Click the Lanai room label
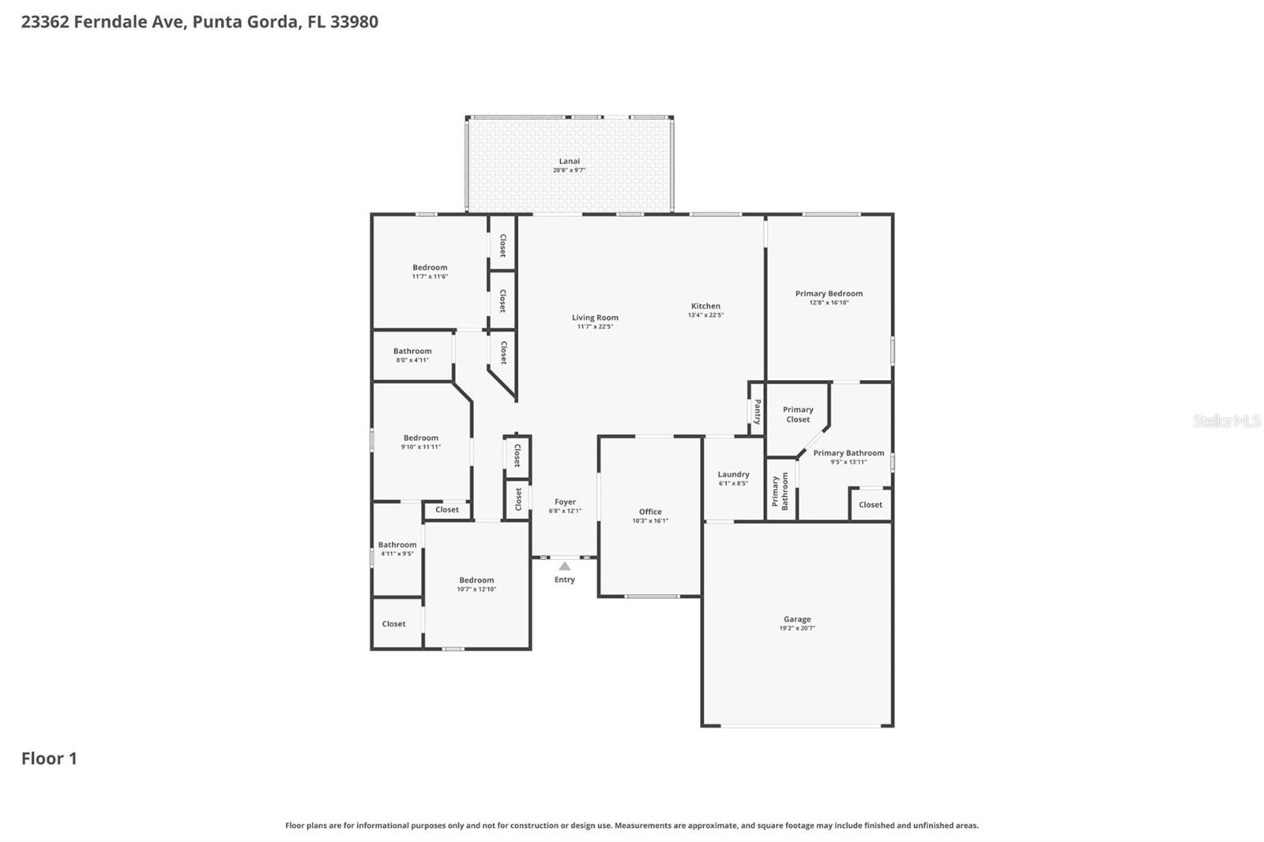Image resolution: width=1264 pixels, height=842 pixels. point(569,161)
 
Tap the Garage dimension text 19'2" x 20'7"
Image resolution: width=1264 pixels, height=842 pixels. point(797,629)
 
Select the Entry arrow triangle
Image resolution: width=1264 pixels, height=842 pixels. point(564,566)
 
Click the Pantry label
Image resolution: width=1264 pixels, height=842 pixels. point(757,411)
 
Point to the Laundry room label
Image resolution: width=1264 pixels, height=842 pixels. point(733,475)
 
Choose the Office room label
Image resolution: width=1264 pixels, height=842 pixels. point(650,512)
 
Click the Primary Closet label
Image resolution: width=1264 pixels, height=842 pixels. point(798,415)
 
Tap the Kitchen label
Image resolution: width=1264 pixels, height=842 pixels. point(705,306)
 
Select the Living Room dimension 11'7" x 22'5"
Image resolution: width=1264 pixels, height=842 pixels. point(595,327)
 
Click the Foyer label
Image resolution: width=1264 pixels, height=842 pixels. point(565,502)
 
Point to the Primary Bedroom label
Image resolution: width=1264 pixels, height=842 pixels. point(829,294)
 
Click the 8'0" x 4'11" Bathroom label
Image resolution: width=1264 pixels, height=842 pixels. point(412,351)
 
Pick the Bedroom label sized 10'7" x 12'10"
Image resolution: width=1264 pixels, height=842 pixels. point(476,581)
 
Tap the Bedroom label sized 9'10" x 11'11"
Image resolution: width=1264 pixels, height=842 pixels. point(421,438)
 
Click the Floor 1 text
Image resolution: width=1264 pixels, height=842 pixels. point(49,759)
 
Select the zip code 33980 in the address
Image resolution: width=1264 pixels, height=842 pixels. point(354,22)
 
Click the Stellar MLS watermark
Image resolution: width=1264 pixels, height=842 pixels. point(1226,421)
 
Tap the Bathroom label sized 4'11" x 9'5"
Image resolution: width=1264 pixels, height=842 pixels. point(397,545)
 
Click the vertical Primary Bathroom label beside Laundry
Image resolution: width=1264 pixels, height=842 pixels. point(780,491)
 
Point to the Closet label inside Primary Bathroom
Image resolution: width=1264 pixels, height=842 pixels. point(871,505)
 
